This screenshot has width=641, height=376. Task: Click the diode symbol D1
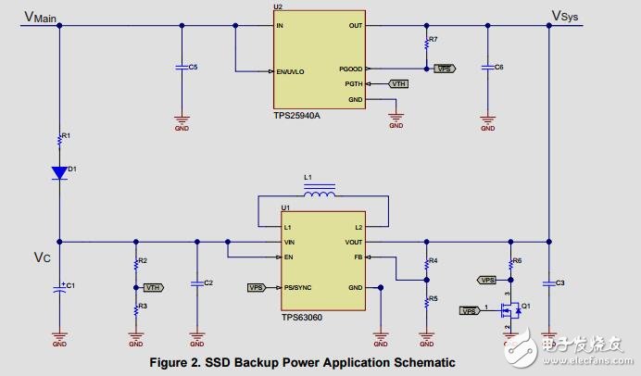59,172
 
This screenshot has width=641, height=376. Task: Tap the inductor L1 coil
320,194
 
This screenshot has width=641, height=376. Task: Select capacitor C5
182,68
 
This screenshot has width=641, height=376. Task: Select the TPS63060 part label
303,315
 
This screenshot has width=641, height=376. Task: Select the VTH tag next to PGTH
398,84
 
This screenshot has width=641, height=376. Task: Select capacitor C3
549,282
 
